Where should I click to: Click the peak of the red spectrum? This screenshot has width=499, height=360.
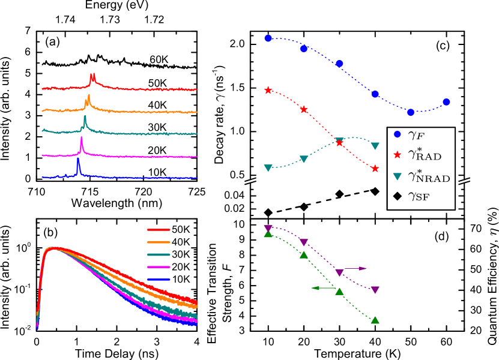click(92, 75)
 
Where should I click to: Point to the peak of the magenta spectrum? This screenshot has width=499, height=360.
click(81, 139)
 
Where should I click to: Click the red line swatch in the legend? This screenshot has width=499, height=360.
click(159, 230)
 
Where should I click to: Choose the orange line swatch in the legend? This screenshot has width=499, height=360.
click(159, 242)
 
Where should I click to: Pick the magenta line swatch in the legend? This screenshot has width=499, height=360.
click(159, 267)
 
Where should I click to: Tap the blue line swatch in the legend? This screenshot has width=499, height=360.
click(159, 280)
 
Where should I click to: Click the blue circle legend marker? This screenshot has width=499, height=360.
click(397, 134)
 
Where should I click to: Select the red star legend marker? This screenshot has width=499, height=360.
click(397, 155)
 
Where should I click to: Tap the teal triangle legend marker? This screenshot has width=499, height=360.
click(397, 176)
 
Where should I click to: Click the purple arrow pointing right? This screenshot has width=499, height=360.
click(355, 268)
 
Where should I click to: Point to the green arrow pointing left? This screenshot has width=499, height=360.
click(322, 288)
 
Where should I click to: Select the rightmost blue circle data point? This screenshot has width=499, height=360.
click(446, 102)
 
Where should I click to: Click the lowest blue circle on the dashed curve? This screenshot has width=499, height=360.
click(411, 112)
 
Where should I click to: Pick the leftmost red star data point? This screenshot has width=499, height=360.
click(268, 90)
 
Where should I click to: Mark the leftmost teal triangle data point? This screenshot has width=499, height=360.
click(268, 168)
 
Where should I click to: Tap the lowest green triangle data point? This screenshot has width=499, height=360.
click(375, 320)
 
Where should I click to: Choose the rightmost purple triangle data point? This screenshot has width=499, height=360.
click(375, 290)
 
